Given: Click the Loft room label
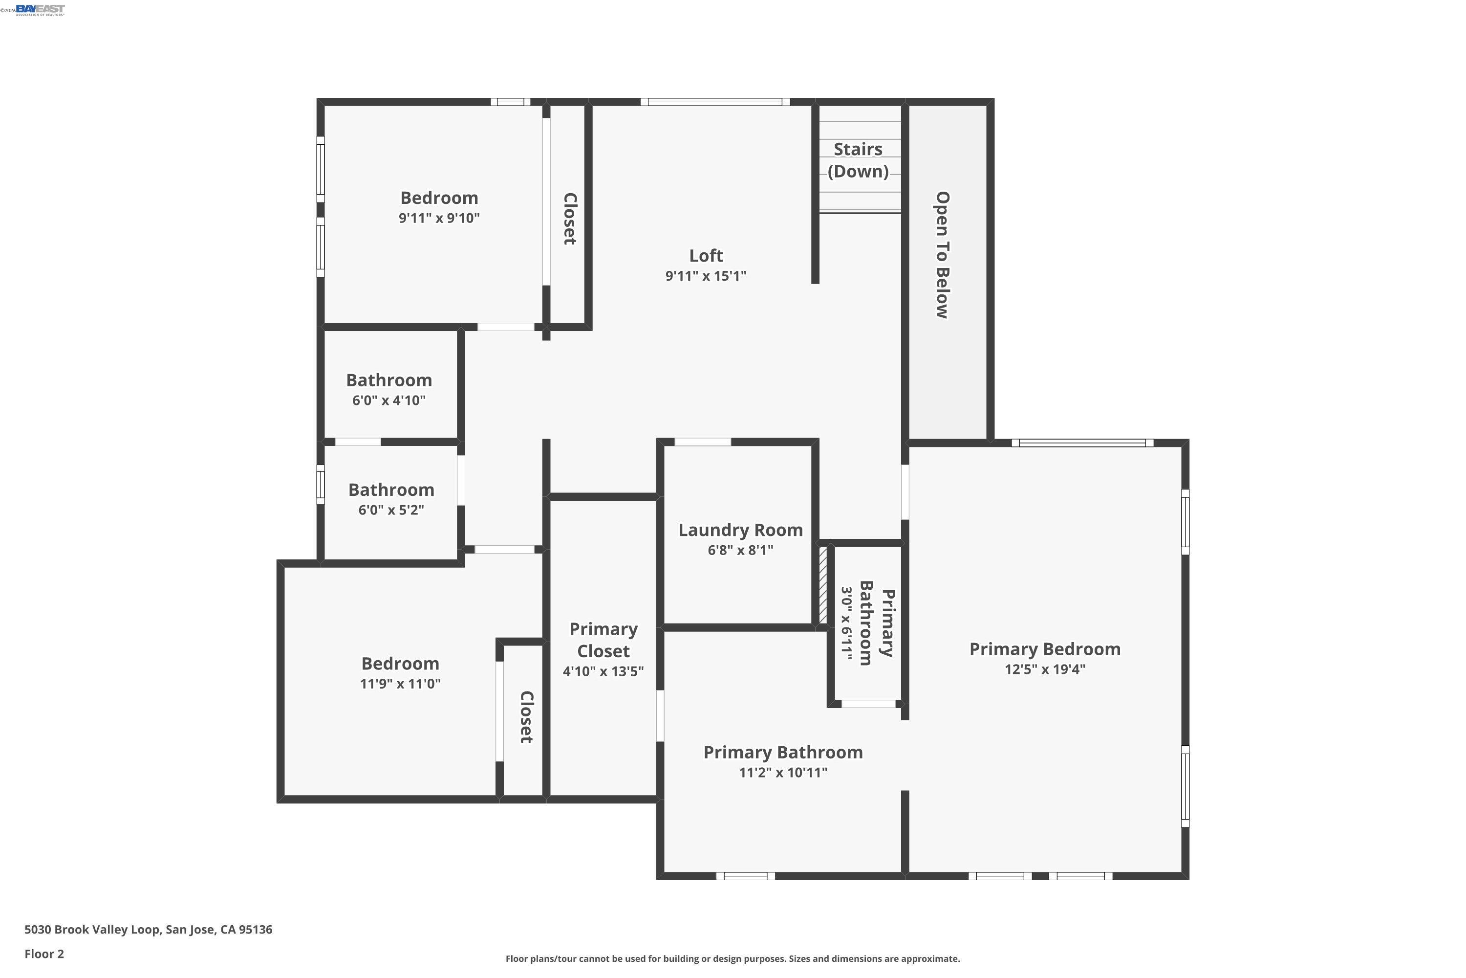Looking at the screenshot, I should pos(706,256).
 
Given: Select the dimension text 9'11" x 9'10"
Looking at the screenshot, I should pos(439,218).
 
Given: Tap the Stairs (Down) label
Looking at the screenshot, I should pos(858,160).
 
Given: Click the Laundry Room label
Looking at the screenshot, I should pos(740,530).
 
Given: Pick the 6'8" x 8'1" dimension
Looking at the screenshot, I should pos(740,550).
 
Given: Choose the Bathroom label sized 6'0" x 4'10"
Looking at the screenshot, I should pos(389,380).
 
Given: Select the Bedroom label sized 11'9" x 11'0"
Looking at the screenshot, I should pos(400,664).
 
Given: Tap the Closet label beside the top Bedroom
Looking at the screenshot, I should pos(569,218).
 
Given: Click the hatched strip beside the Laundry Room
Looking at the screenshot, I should pos(823,585).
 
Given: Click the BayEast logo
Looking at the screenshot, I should pos(40,9).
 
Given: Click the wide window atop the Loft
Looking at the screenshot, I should pos(715,102).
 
